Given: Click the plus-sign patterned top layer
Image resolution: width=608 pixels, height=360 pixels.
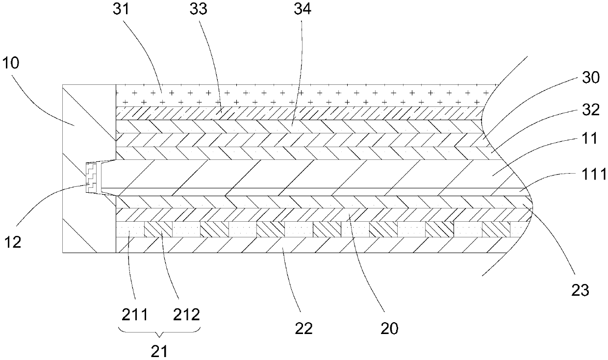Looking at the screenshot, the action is tap(299, 96).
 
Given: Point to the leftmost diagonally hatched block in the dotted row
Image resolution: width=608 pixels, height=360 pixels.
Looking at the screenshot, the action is tap(158, 230).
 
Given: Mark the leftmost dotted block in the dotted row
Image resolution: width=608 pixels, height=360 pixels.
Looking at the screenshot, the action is tap(130, 230).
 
